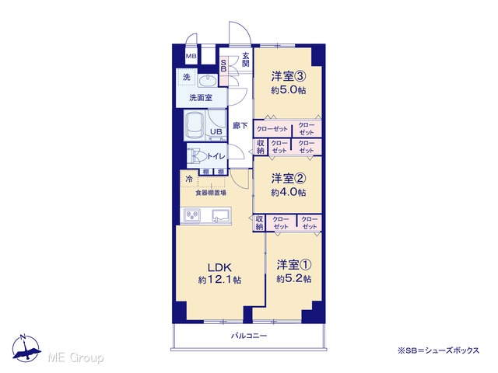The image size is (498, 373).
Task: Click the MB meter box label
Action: (x=191, y=57)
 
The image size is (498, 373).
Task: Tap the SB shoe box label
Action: (x=223, y=65)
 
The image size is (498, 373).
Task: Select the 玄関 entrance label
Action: (x=246, y=59)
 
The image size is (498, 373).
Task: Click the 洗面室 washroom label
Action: (x=201, y=98)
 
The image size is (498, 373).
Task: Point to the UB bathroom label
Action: (x=216, y=131)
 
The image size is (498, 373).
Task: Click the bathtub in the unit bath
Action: (x=195, y=126)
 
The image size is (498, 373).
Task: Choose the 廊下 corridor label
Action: (x=240, y=126)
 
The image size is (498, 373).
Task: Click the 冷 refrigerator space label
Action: (x=189, y=180)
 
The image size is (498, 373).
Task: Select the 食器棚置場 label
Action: (x=211, y=193)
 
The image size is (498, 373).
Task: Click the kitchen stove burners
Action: (x=191, y=216)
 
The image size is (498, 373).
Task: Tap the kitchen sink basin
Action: (x=222, y=216)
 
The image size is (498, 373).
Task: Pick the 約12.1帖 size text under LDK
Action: (x=219, y=280)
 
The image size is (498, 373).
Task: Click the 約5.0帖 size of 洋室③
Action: (x=289, y=90)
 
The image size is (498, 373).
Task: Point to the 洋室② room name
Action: (x=289, y=178)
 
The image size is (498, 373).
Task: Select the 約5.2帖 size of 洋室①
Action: (x=294, y=279)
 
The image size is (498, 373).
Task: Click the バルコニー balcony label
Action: (x=249, y=336)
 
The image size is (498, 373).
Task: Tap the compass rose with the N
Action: (x=26, y=348)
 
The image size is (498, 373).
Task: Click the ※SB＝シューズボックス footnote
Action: (x=438, y=350)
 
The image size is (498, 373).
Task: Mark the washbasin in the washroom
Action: (x=208, y=80)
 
